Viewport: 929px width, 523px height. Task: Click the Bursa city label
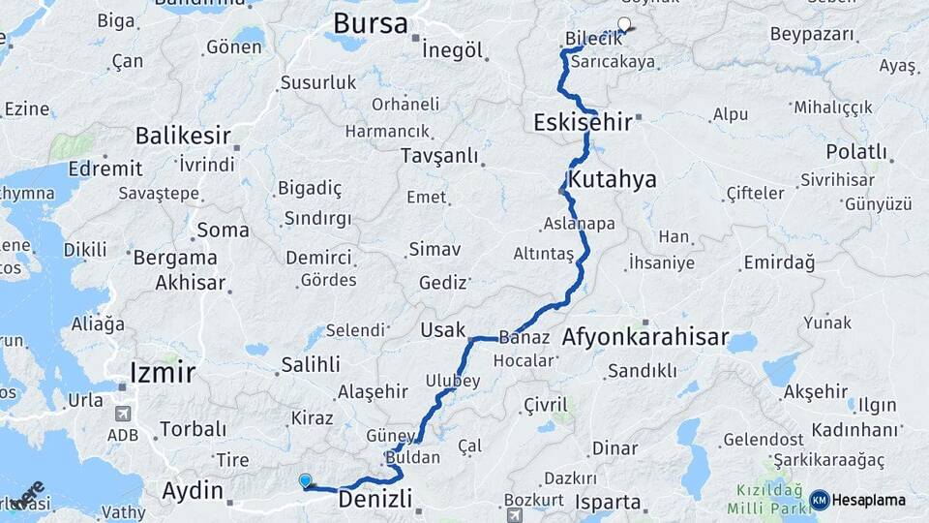click(x=370, y=23)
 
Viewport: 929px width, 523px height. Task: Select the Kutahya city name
click(x=613, y=179)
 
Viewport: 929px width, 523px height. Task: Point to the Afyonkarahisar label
click(x=644, y=338)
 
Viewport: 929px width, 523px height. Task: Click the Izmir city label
click(x=163, y=372)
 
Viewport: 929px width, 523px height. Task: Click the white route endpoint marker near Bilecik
click(x=624, y=25)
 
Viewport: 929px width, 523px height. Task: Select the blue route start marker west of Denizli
click(x=306, y=480)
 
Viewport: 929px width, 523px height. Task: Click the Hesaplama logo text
click(x=868, y=500)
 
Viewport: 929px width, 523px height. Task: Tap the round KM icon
click(x=819, y=500)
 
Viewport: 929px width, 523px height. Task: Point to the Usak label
click(x=442, y=329)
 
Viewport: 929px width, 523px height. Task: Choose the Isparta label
click(x=608, y=502)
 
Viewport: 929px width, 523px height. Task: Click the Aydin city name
click(x=193, y=490)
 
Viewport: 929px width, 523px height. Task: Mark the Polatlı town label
click(x=855, y=151)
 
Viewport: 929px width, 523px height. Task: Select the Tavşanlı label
click(x=439, y=156)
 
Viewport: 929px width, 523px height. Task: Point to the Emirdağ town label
click(x=779, y=262)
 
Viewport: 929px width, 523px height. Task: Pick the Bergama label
click(x=175, y=258)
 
